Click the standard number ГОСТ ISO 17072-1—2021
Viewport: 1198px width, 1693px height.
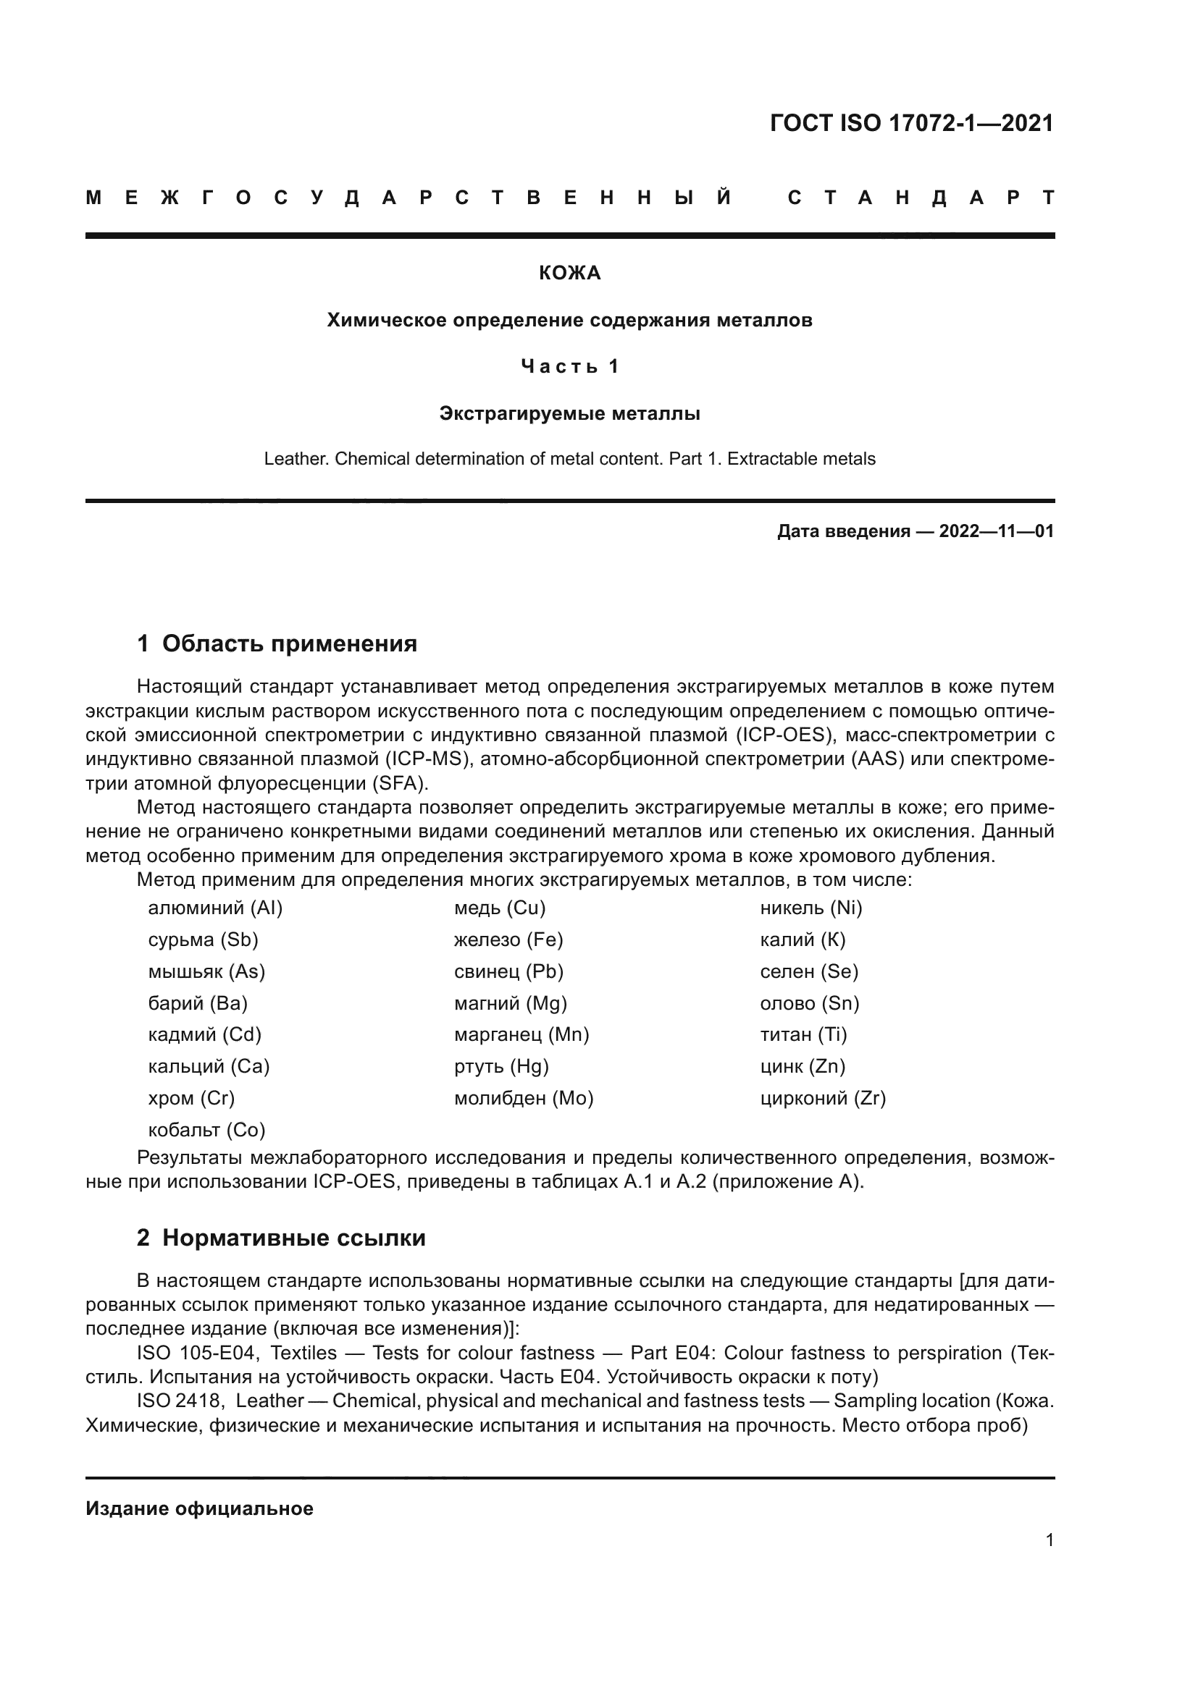(x=911, y=123)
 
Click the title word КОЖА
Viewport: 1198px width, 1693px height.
(x=569, y=274)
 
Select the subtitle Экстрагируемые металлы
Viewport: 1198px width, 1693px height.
(x=569, y=414)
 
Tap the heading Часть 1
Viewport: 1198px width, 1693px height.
(x=569, y=366)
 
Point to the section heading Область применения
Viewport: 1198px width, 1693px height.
(x=289, y=643)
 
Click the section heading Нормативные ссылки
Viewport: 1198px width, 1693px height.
(x=293, y=1238)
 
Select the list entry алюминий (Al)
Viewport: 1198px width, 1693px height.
(x=215, y=908)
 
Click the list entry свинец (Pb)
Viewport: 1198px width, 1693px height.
(x=509, y=972)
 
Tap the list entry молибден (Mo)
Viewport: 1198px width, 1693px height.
(x=524, y=1099)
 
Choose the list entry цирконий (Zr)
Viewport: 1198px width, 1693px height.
(x=823, y=1099)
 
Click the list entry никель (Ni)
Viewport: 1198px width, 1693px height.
(x=810, y=908)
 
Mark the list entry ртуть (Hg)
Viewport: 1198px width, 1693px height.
(x=502, y=1067)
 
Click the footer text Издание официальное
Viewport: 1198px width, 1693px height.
(x=199, y=1508)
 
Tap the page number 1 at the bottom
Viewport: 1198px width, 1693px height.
(x=1049, y=1540)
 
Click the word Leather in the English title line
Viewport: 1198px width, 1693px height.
(x=295, y=460)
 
